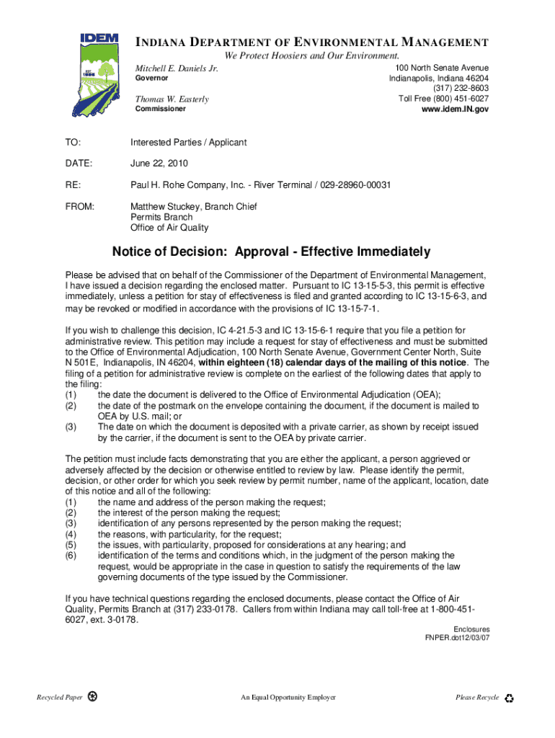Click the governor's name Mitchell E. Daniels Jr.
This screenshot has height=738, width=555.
(177, 68)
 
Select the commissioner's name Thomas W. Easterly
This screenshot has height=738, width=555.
(172, 99)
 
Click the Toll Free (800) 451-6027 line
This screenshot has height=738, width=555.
(443, 99)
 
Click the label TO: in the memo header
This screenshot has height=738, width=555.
(73, 142)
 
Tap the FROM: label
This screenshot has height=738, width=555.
(79, 206)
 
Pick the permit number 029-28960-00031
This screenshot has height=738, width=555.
(355, 185)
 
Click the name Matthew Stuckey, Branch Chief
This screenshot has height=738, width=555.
(193, 206)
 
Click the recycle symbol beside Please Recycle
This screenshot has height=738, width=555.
(510, 698)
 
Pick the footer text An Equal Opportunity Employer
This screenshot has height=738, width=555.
(288, 698)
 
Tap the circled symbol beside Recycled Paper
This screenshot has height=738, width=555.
(92, 697)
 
